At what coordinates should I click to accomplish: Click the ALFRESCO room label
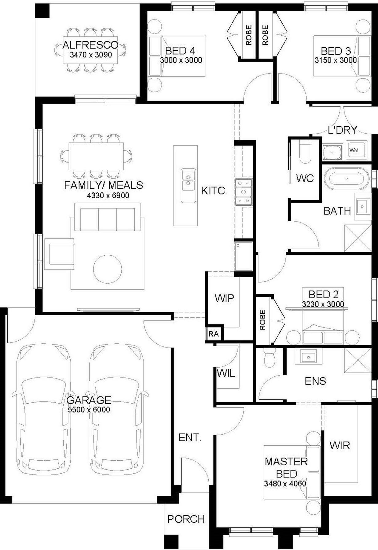pyautogui.click(x=90, y=45)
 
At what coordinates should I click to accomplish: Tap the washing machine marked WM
pyautogui.click(x=356, y=150)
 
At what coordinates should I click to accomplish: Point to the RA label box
pyautogui.click(x=214, y=334)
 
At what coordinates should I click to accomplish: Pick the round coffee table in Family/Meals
pyautogui.click(x=108, y=269)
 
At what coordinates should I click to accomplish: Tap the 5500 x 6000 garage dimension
pyautogui.click(x=89, y=409)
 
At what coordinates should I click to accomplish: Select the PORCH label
pyautogui.click(x=186, y=519)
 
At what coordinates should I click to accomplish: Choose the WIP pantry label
pyautogui.click(x=224, y=298)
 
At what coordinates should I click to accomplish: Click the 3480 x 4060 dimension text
pyautogui.click(x=285, y=484)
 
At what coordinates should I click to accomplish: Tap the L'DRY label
pyautogui.click(x=342, y=130)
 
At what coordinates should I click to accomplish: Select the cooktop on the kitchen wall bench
pyautogui.click(x=244, y=192)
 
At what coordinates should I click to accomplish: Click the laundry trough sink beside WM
pyautogui.click(x=332, y=152)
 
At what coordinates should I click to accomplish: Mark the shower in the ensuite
pyautogui.click(x=358, y=361)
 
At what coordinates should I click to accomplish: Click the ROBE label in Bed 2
pyautogui.click(x=262, y=320)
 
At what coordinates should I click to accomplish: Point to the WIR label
pyautogui.click(x=340, y=445)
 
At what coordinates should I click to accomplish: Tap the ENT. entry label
pyautogui.click(x=190, y=438)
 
